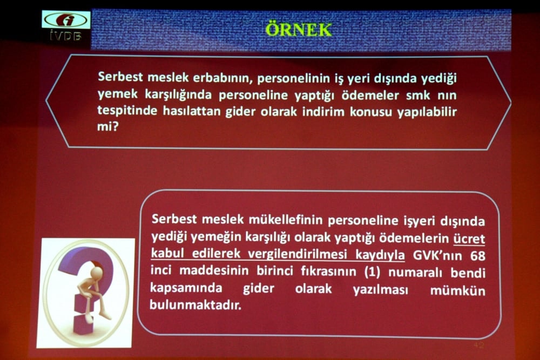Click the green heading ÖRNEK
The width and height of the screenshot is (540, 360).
[x=298, y=29]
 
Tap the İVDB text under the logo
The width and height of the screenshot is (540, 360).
[x=66, y=37]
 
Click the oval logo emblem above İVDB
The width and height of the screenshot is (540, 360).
[x=66, y=20]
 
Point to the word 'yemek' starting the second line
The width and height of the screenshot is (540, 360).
[x=115, y=94]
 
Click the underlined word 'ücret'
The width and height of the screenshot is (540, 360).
[x=469, y=237]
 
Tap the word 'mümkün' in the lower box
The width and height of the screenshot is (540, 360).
[x=457, y=290]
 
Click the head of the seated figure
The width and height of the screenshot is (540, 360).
[x=96, y=272]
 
